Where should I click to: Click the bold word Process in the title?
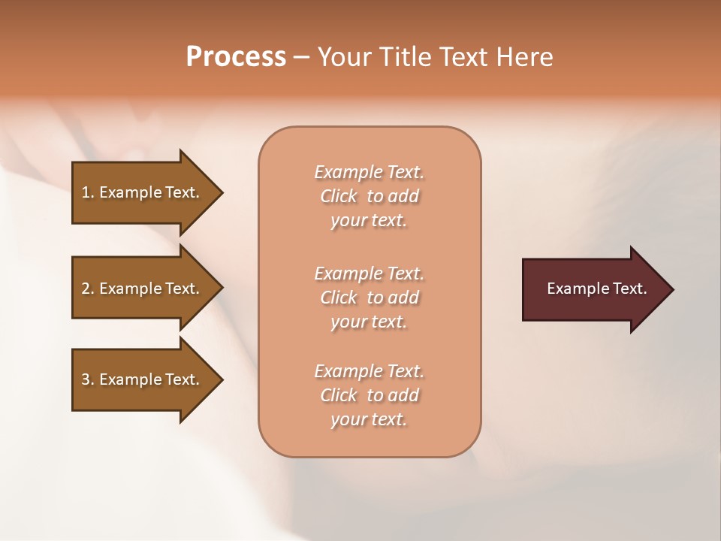(x=236, y=56)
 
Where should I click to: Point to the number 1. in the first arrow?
(x=88, y=192)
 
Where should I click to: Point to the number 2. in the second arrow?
(x=88, y=289)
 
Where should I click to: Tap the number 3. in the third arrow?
(x=88, y=379)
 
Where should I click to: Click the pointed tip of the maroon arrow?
(x=670, y=289)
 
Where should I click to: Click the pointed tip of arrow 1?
(x=219, y=192)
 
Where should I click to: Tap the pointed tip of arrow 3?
(x=219, y=379)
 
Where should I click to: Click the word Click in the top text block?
(x=339, y=196)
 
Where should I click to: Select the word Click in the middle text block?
(x=339, y=298)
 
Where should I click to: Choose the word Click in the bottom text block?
(x=339, y=395)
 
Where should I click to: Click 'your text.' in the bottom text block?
(x=369, y=419)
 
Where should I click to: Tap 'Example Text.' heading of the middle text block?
(x=369, y=274)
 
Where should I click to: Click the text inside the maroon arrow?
(x=596, y=289)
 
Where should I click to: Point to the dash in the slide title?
(x=301, y=57)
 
